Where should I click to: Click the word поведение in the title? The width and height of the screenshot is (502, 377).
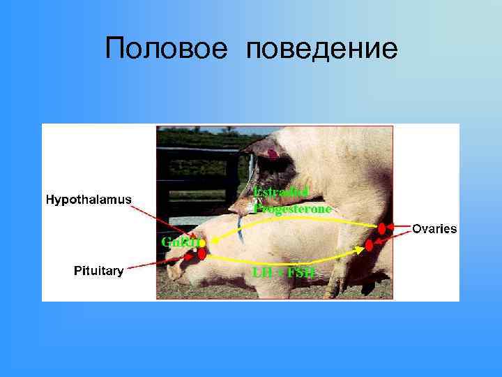(322, 48)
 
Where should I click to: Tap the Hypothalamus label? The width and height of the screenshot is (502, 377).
(88, 199)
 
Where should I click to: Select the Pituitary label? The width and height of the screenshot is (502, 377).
(99, 271)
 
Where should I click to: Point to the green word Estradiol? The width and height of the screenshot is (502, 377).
(281, 192)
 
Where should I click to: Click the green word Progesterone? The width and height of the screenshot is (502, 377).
(292, 207)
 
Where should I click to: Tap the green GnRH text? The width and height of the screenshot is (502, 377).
(180, 242)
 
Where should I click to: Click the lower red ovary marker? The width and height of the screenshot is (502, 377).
(370, 246)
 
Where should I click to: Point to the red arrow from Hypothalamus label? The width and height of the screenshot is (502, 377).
(164, 218)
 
